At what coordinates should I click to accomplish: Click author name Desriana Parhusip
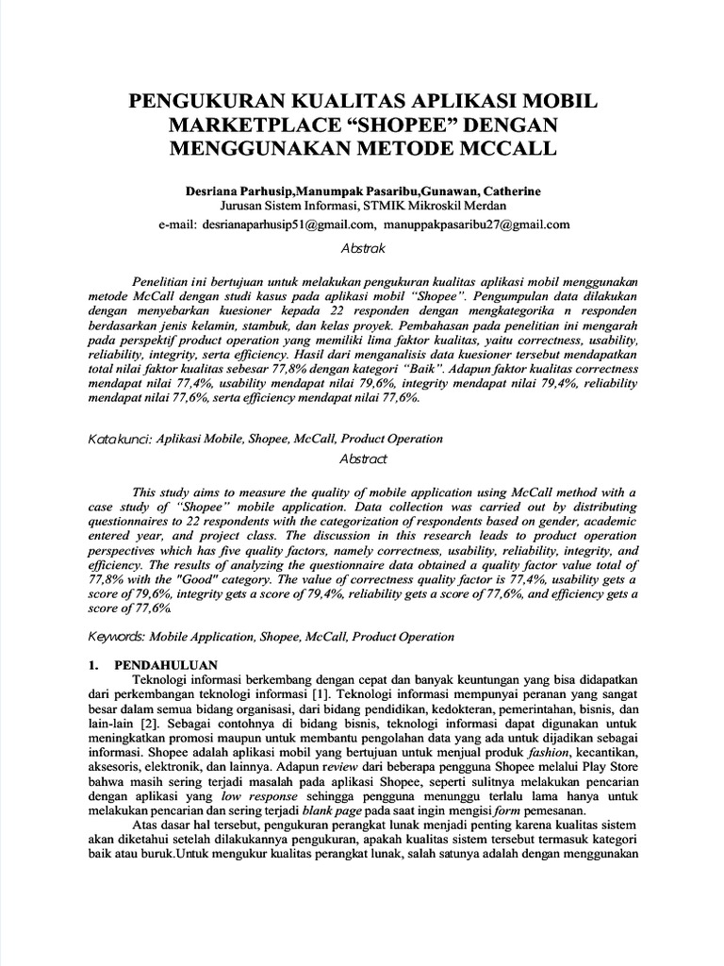click(x=239, y=191)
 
